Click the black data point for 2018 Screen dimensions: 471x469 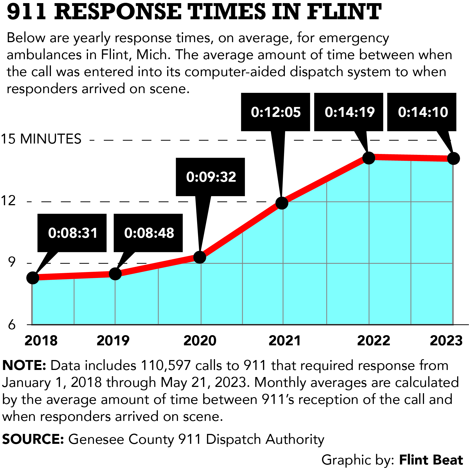click(x=33, y=278)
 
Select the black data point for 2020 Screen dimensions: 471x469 click(x=200, y=257)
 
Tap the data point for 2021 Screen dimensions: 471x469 click(x=282, y=203)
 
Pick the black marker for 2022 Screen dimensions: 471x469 click(x=369, y=158)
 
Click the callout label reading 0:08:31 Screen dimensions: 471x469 click(x=72, y=233)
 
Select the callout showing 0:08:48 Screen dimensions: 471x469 click(x=149, y=233)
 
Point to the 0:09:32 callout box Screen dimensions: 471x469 click(x=211, y=177)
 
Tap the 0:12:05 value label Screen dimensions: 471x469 click(x=276, y=112)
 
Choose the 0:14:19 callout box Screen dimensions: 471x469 click(x=349, y=112)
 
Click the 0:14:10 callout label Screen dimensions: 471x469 click(x=422, y=112)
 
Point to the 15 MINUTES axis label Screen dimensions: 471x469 click(x=41, y=139)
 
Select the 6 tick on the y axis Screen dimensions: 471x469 click(x=12, y=325)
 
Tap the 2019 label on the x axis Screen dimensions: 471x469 click(x=113, y=341)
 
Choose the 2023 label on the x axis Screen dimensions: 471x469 click(x=446, y=341)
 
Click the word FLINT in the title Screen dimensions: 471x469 click(x=344, y=12)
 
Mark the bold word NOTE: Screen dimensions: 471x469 click(x=24, y=365)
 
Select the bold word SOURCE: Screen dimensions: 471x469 click(x=33, y=439)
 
